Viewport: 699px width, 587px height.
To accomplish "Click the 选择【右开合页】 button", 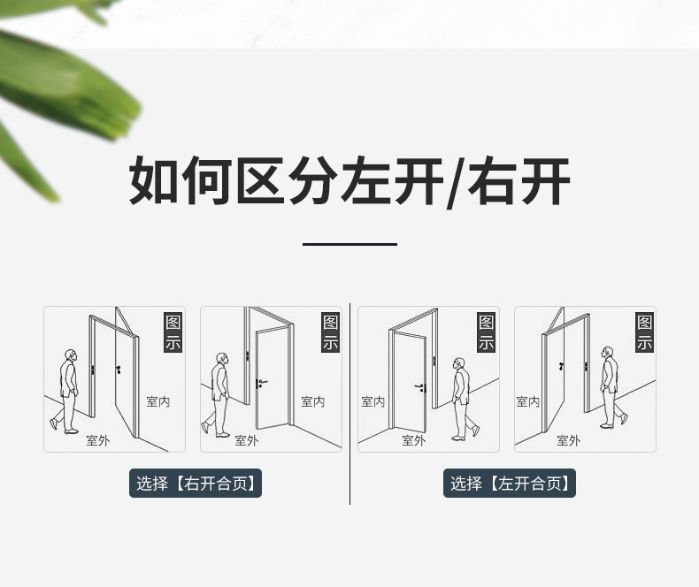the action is (x=196, y=484).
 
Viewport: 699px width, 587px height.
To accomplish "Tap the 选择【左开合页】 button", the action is (x=510, y=484).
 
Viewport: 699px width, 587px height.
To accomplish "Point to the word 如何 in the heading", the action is (x=181, y=181).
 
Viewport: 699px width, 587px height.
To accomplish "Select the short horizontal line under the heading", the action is (x=349, y=244).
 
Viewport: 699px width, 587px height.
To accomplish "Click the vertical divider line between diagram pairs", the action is (x=350, y=402).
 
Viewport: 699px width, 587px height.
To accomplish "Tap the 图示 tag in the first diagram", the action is (x=173, y=332).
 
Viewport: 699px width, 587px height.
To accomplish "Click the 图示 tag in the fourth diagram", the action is (x=645, y=332).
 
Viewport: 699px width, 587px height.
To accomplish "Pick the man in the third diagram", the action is (x=460, y=398).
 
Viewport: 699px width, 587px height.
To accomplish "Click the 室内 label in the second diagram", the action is (x=312, y=401).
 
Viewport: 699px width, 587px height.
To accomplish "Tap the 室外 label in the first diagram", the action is (x=97, y=439).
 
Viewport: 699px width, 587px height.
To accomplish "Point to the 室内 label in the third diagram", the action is (x=373, y=401).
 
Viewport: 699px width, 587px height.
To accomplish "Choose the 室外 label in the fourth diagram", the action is (x=568, y=439).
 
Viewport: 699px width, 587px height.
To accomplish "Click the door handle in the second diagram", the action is (x=261, y=382).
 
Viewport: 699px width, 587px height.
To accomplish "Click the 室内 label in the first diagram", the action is (x=157, y=401).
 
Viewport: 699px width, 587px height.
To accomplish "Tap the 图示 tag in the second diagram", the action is (x=330, y=332).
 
